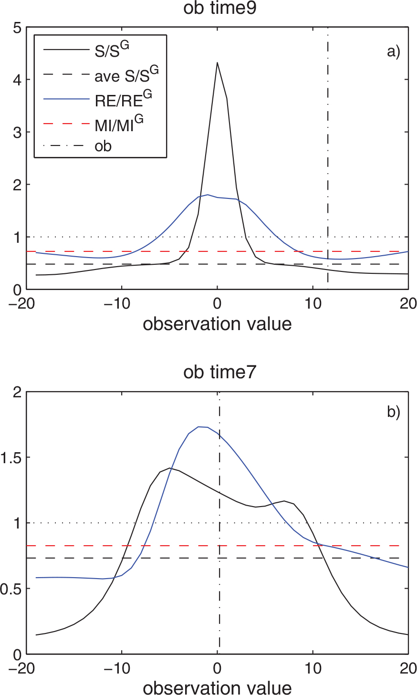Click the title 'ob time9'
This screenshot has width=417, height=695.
219,9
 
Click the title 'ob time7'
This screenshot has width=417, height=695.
219,372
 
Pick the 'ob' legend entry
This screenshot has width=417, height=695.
103,146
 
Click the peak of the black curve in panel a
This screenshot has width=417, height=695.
217,62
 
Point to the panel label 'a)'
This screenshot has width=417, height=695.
394,52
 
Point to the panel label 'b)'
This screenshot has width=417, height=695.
394,412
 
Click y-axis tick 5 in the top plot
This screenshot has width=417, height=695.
17,28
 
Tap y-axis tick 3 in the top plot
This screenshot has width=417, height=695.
17,133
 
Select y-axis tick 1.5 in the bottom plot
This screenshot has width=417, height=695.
11,457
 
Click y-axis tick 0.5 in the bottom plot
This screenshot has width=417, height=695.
11,589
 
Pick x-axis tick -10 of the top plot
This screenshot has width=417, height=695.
117,303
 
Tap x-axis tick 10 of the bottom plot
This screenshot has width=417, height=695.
313,668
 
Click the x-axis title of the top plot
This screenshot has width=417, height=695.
217,324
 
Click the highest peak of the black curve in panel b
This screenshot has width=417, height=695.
170,468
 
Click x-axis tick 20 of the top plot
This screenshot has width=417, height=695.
408,303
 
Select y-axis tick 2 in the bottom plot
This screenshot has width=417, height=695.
17,392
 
